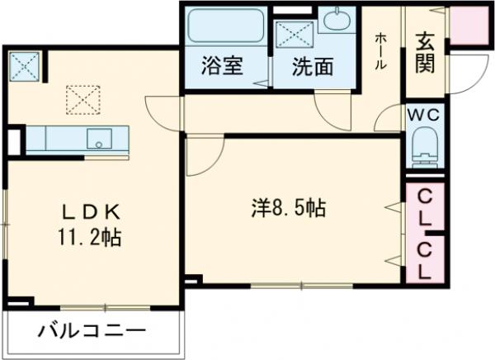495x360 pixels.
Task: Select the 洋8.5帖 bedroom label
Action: pyautogui.click(x=288, y=209)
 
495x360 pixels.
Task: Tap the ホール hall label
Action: pyautogui.click(x=380, y=53)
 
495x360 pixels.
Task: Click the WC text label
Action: pyautogui.click(x=426, y=115)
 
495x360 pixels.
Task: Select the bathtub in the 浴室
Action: pyautogui.click(x=224, y=28)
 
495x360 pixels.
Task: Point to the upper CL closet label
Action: pyautogui.click(x=426, y=208)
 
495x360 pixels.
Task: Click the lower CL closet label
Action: pyautogui.click(x=426, y=259)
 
